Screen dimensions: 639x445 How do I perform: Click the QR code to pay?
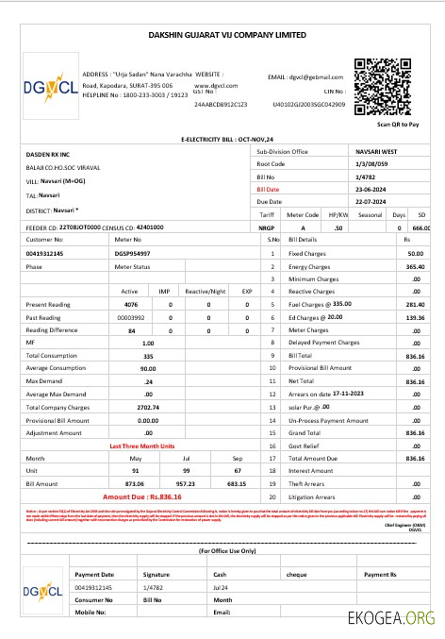point(384,88)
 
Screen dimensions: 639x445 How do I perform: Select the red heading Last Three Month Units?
point(141,445)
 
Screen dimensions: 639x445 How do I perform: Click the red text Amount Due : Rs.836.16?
point(141,496)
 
